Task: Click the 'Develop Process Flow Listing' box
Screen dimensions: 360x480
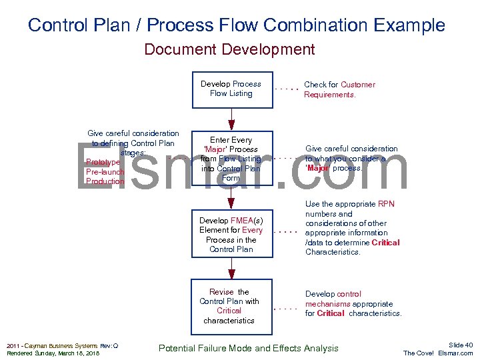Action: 231,89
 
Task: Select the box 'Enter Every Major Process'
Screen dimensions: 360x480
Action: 231,159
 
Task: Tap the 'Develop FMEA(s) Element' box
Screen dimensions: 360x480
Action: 231,235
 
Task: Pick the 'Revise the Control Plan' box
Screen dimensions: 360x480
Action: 231,306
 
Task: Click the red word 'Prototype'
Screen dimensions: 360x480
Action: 103,162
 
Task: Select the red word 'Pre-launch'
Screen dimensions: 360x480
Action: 105,172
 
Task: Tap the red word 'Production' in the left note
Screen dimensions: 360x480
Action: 105,181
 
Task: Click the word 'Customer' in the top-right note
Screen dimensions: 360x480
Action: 357,85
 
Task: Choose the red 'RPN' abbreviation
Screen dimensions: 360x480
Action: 386,204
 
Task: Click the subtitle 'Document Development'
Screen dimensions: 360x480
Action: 229,49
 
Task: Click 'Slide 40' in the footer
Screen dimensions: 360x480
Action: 460,345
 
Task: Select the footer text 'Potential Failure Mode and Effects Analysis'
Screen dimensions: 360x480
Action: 248,348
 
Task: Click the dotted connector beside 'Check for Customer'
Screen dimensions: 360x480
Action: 287,89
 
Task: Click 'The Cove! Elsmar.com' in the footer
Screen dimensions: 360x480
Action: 438,353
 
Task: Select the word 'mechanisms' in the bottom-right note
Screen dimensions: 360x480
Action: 327,304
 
